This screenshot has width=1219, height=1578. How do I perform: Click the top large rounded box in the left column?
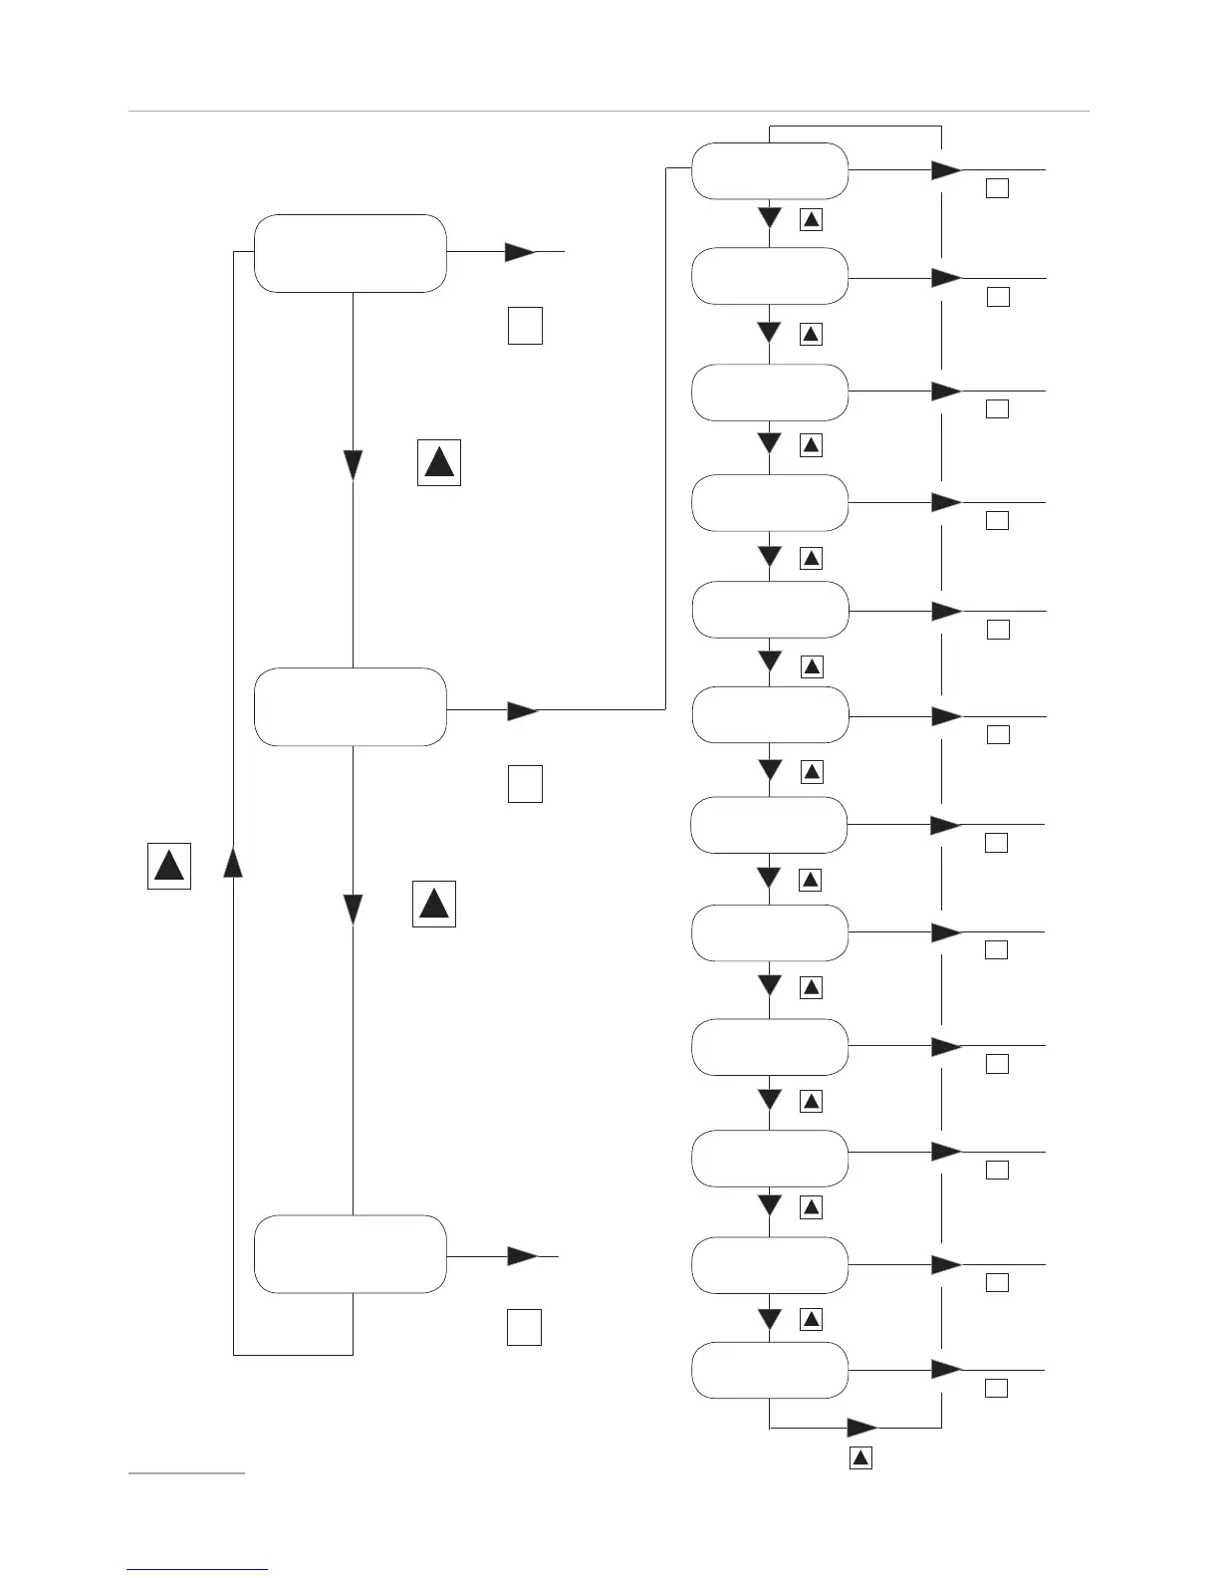pos(350,253)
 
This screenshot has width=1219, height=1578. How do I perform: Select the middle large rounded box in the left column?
pos(350,706)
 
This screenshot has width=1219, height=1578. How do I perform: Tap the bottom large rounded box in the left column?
pos(350,1253)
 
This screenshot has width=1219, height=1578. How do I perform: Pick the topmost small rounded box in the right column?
pos(769,170)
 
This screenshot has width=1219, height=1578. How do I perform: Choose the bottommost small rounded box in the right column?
pos(769,1370)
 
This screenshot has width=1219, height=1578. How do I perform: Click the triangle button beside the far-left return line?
pos(169,865)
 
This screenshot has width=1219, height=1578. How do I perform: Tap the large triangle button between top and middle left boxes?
pos(439,462)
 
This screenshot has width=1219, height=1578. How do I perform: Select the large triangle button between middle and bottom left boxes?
pos(434,904)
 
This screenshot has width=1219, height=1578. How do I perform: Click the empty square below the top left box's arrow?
pos(525,326)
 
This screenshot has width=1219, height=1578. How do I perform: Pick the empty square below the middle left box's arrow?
pos(525,784)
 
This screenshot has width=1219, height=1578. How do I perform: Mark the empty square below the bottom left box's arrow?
pos(524,1327)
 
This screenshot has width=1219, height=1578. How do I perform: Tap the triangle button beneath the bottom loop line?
pos(861,1458)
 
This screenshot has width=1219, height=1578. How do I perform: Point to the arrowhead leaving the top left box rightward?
pos(520,252)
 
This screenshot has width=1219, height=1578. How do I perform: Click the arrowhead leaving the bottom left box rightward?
pos(522,1256)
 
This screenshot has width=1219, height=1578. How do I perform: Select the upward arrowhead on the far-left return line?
pos(233,862)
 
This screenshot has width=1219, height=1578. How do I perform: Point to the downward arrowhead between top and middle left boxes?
pos(354,465)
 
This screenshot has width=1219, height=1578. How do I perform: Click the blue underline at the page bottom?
pos(198,1569)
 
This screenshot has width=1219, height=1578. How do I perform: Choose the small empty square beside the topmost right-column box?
pos(997,187)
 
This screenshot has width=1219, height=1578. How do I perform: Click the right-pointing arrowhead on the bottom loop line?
pos(861,1428)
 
